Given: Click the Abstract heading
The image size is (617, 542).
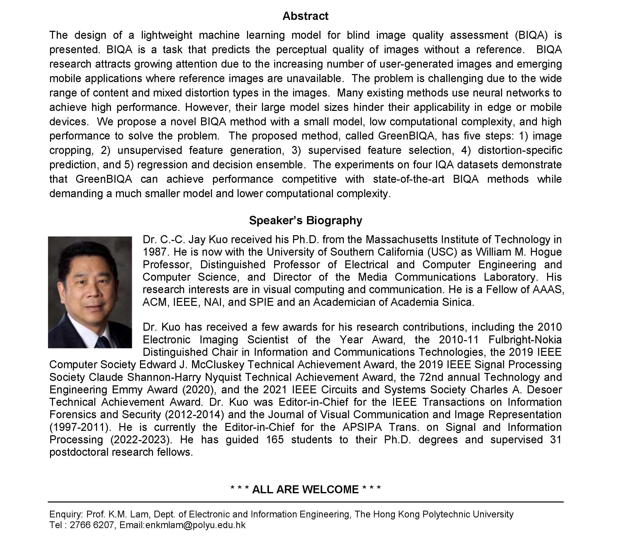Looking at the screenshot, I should point(305,16).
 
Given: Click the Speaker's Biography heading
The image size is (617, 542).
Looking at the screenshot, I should point(305,221).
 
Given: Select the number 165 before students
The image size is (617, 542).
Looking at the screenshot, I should point(275,440).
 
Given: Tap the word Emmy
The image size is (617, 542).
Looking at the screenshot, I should point(127,390).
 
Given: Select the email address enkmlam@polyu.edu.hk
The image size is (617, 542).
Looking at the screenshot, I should point(196,525).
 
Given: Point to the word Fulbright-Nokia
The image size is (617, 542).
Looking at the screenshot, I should point(525,340).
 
